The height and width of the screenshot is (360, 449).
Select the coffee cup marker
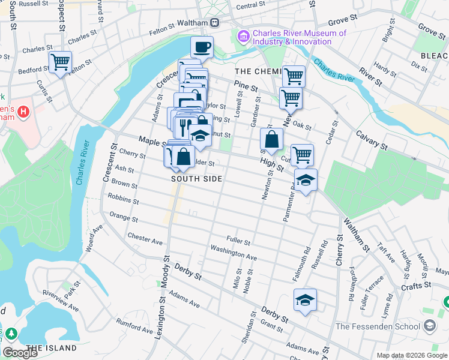pos(202,47)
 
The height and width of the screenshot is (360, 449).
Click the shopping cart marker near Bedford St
pos(60,62)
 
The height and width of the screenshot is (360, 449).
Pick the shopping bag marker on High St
pos(271,139)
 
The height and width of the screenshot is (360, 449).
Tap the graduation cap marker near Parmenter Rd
pos(306,180)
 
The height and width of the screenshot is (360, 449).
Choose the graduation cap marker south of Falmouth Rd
pos(305,300)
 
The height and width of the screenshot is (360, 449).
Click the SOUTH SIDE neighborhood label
pos(196,179)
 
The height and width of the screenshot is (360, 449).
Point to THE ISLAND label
pos(52,348)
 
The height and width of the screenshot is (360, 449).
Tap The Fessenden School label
pos(378,326)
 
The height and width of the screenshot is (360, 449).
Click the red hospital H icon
pos(23,112)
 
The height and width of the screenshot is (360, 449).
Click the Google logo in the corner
pos(20,352)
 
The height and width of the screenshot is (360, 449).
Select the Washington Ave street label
pos(234,252)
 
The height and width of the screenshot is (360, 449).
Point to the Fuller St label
pos(238,241)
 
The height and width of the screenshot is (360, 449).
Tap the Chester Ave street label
pos(145,240)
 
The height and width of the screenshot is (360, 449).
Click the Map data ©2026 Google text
pos(411,355)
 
